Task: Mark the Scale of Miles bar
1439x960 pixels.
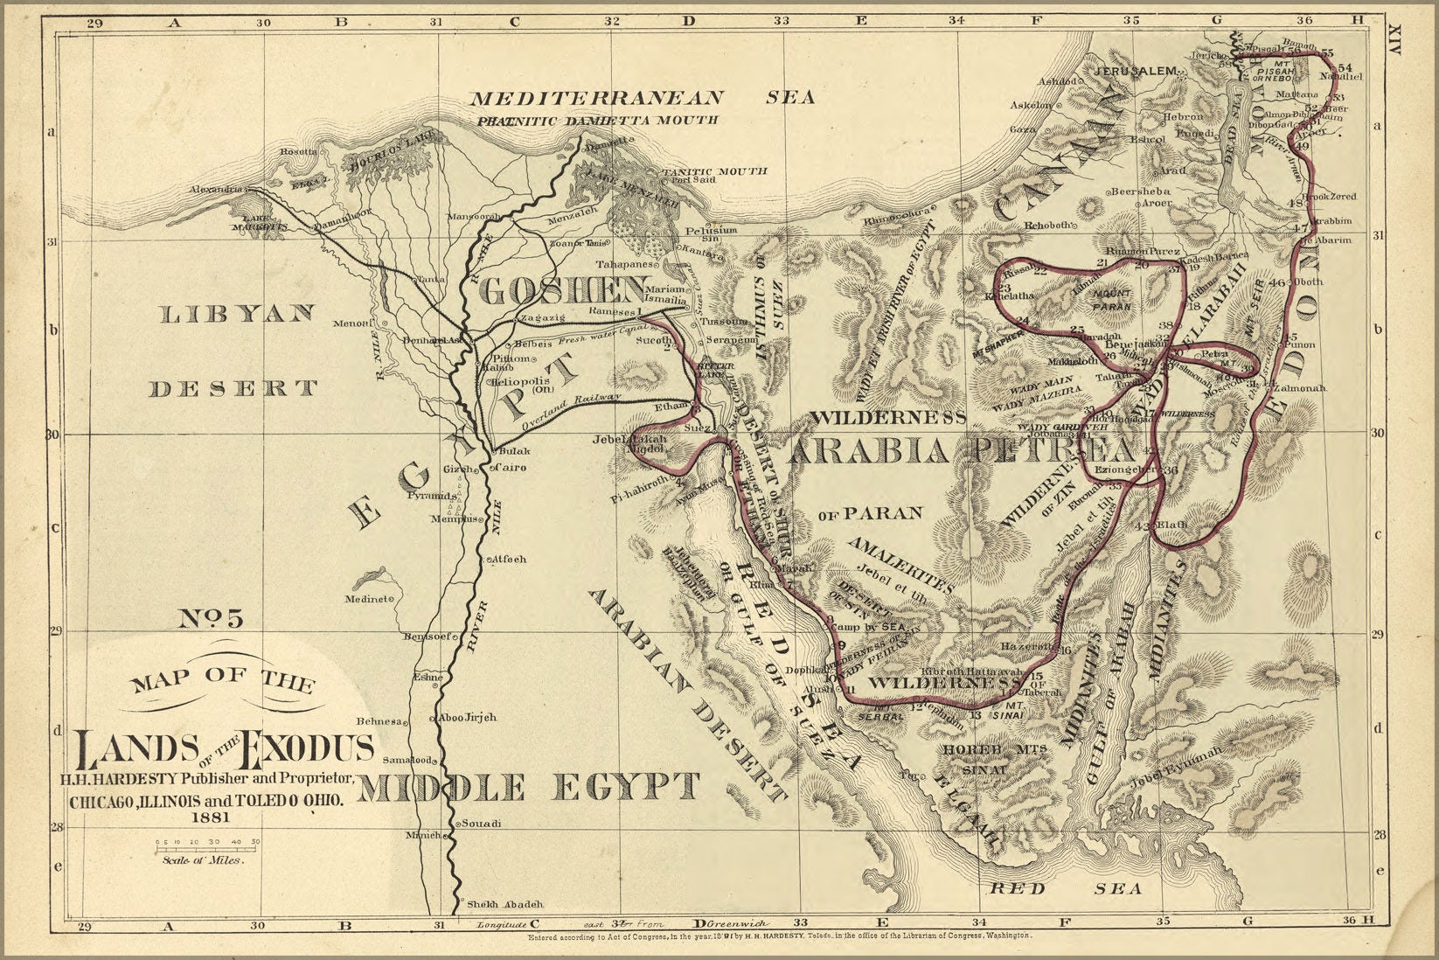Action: pyautogui.click(x=208, y=842)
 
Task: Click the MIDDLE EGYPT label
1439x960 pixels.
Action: pyautogui.click(x=530, y=787)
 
